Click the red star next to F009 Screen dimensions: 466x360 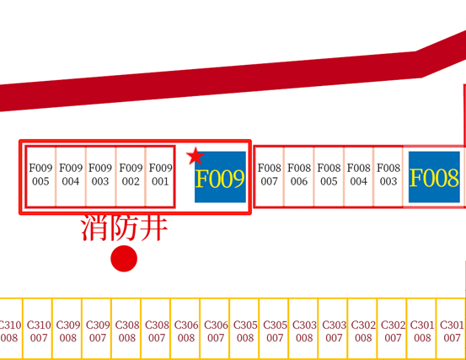point(196,156)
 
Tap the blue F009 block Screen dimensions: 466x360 point(220,177)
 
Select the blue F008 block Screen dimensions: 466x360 point(434,177)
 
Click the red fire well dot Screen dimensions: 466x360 point(124,258)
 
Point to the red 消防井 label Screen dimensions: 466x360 point(124,228)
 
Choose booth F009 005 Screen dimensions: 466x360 point(40,176)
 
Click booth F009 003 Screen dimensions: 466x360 point(101,176)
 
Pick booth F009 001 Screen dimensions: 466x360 point(160,176)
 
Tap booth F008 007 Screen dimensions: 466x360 point(269,176)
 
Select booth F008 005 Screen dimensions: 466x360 point(329,176)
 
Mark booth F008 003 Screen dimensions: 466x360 point(388,176)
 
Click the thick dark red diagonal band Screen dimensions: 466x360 point(233,78)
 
